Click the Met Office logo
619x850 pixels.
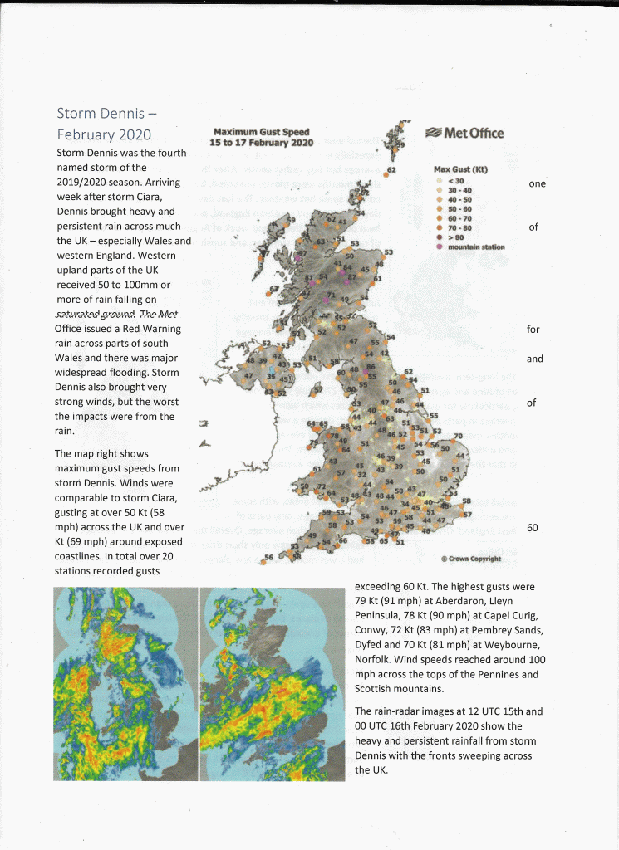click(x=464, y=133)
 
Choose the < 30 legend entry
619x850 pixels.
click(x=453, y=181)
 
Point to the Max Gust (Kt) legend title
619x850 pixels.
click(x=460, y=169)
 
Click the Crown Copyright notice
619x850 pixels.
click(x=470, y=559)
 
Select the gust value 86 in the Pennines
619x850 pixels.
click(x=371, y=366)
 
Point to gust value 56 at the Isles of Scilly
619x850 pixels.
click(x=268, y=557)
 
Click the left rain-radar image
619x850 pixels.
click(x=125, y=684)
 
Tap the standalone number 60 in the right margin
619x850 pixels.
click(x=533, y=527)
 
